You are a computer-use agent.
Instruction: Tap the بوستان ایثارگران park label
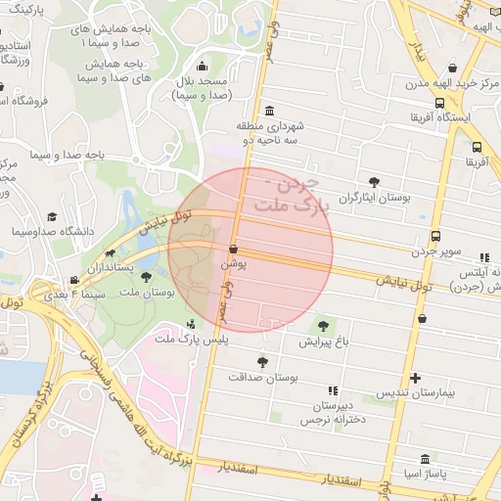click(x=372, y=197)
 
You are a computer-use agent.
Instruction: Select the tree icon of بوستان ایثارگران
click(x=374, y=181)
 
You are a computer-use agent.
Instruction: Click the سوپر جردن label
click(x=436, y=251)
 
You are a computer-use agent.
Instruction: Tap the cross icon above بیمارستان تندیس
click(x=416, y=377)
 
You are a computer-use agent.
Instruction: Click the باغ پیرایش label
click(x=323, y=342)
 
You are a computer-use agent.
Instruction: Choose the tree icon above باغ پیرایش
click(x=323, y=326)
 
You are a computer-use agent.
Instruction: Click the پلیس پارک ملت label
click(x=191, y=338)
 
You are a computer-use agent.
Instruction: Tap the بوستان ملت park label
click(x=147, y=292)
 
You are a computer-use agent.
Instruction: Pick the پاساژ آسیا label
click(x=423, y=475)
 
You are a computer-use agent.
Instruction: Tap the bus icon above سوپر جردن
click(x=436, y=236)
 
